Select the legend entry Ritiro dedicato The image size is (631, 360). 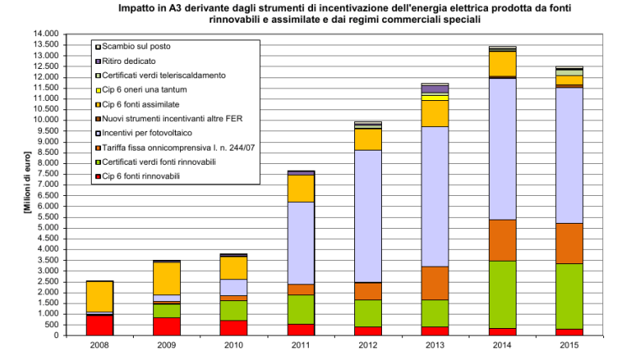134,61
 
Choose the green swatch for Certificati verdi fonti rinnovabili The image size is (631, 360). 98,161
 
